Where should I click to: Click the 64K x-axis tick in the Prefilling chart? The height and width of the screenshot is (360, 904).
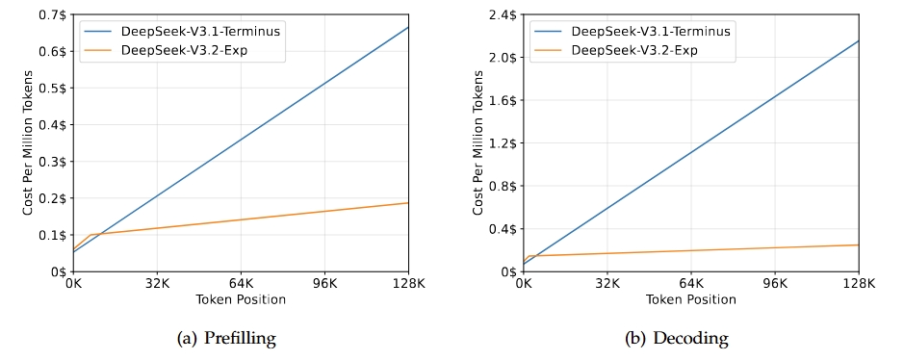pyautogui.click(x=242, y=285)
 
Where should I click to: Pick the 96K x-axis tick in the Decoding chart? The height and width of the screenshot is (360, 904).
pyautogui.click(x=775, y=285)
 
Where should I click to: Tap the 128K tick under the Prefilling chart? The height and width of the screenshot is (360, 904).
pyautogui.click(x=408, y=285)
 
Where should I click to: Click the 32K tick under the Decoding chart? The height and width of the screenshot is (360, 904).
pyautogui.click(x=607, y=285)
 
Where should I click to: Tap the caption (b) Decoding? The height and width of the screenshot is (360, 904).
pyautogui.click(x=690, y=338)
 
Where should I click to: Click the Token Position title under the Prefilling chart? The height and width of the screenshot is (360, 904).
pyautogui.click(x=242, y=299)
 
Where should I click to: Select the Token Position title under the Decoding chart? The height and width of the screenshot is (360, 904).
pyautogui.click(x=691, y=299)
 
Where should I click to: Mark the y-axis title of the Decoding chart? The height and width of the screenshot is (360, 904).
pyautogui.click(x=478, y=143)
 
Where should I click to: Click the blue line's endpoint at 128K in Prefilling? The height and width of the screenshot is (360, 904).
pyautogui.click(x=408, y=27)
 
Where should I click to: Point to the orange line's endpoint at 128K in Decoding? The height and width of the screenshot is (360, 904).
pyautogui.click(x=858, y=244)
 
